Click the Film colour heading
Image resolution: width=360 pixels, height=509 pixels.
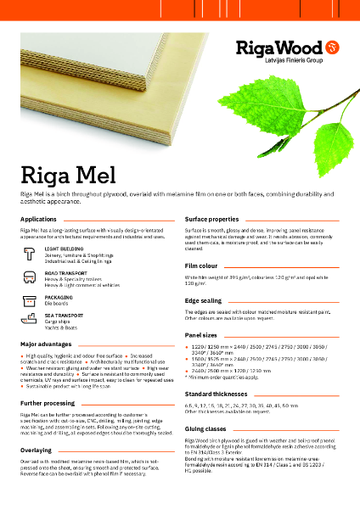pyautogui.click(x=203, y=266)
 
